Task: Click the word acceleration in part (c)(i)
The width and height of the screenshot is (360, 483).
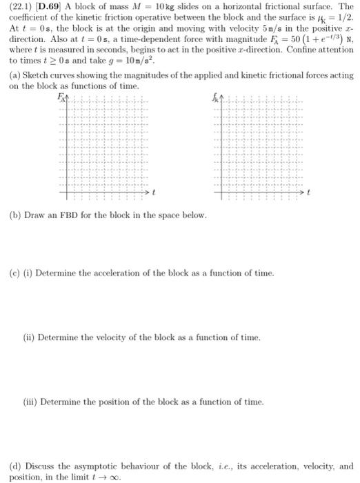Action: (x=108, y=273)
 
